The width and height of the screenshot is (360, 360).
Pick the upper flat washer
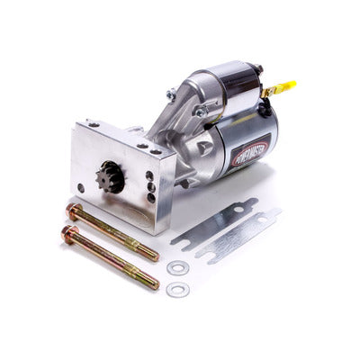click(178, 267)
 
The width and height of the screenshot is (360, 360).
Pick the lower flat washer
click(178, 289)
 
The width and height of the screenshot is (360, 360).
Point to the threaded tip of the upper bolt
click(148, 252)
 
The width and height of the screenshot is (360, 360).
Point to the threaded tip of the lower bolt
click(148, 281)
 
